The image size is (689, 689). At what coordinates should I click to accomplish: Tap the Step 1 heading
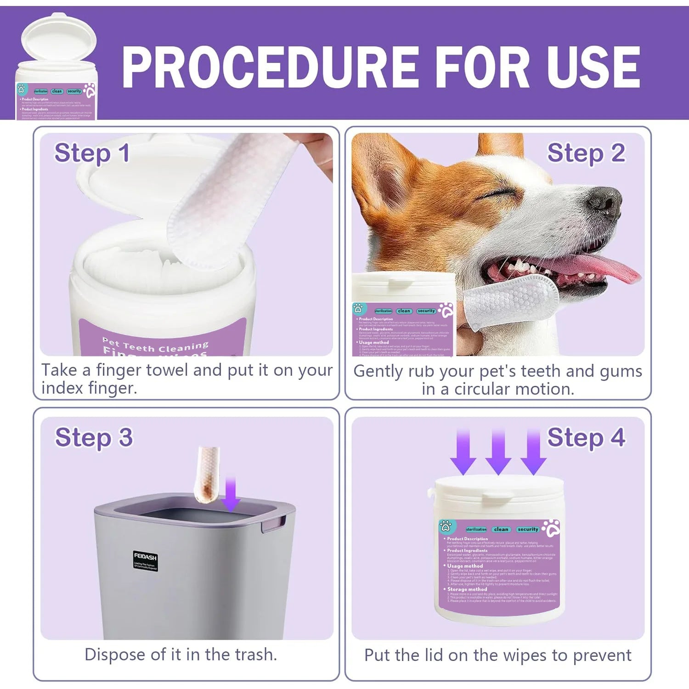click(x=92, y=153)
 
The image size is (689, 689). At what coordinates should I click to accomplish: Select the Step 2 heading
click(x=586, y=153)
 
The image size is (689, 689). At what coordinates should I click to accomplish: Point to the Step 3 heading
click(x=94, y=437)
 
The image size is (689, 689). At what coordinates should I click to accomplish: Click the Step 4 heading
click(x=586, y=437)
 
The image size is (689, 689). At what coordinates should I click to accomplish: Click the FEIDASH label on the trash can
click(x=145, y=557)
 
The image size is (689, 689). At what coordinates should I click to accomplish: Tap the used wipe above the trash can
click(x=206, y=475)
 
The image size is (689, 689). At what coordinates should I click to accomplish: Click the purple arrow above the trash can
click(x=230, y=494)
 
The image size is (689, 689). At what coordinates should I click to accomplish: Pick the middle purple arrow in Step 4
click(x=498, y=452)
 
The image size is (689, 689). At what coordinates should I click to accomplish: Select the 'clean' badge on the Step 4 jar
click(x=501, y=529)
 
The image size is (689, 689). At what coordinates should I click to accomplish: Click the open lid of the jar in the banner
click(x=59, y=39)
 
